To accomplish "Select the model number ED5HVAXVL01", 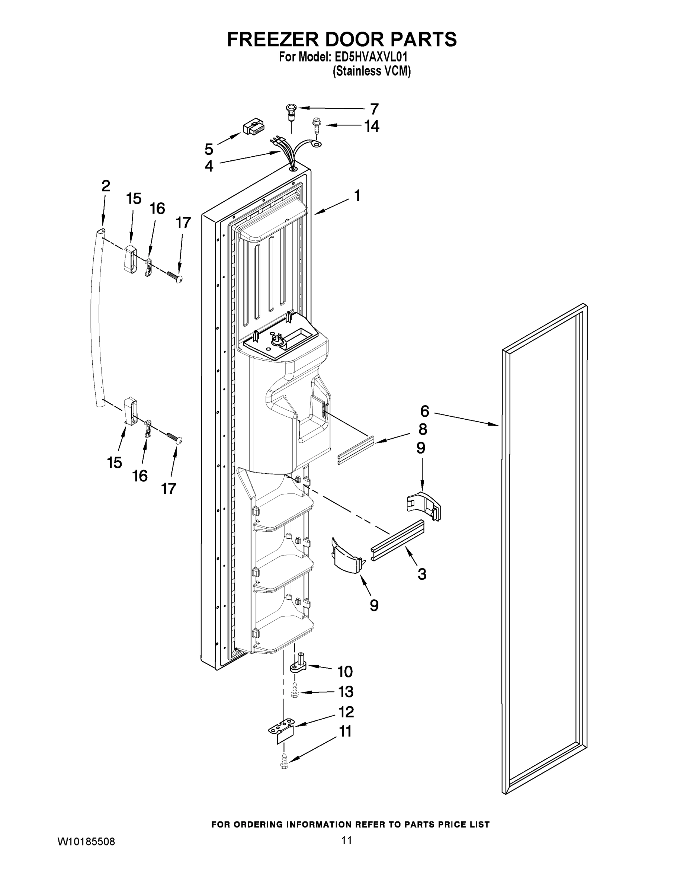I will (x=371, y=57).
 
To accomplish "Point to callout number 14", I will (x=372, y=127).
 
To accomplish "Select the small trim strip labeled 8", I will (x=356, y=450).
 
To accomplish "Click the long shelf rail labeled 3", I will (x=397, y=541).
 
